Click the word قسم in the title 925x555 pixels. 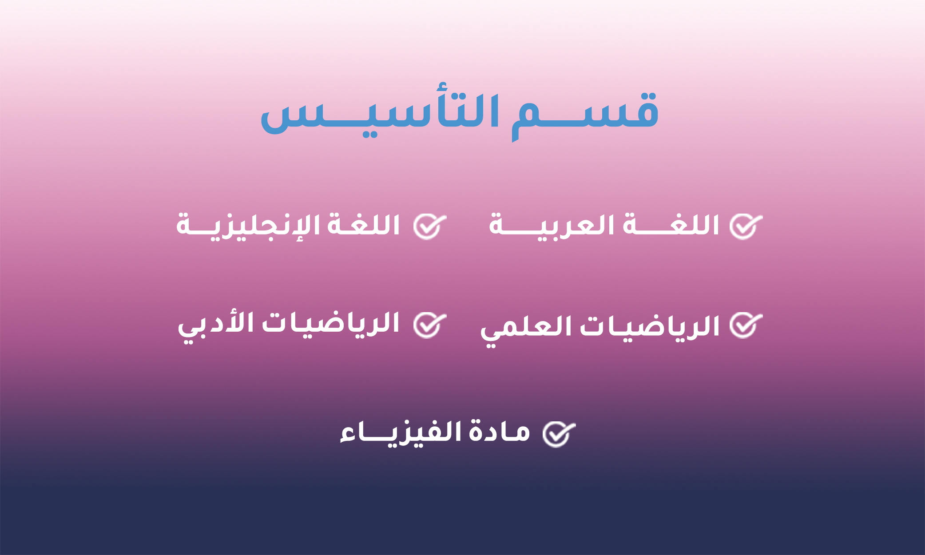(x=585, y=115)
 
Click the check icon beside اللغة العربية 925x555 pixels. (x=746, y=226)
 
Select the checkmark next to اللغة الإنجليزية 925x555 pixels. (x=429, y=226)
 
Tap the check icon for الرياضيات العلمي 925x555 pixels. (x=746, y=325)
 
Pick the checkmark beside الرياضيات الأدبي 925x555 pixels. (x=429, y=325)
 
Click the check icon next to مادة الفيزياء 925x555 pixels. (x=559, y=434)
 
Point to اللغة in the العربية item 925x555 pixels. (x=671, y=225)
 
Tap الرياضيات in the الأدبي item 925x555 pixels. (x=331, y=324)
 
